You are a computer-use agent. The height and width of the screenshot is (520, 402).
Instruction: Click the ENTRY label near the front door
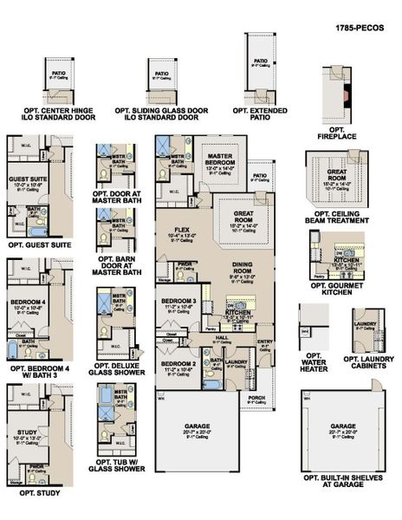pos(264,341)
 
